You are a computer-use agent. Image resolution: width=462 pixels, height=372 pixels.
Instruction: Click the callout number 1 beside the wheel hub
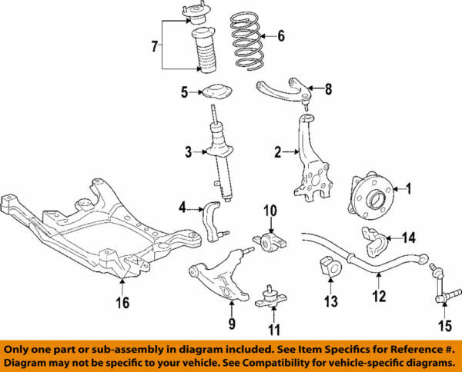(x=409, y=188)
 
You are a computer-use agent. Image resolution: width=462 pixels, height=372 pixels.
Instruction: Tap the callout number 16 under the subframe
(x=122, y=303)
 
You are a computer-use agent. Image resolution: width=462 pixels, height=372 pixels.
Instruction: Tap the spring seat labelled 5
(x=215, y=92)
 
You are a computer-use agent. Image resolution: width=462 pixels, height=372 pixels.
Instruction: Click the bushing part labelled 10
(x=270, y=240)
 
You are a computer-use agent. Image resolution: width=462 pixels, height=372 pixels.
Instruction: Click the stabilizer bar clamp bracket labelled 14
(x=373, y=242)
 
